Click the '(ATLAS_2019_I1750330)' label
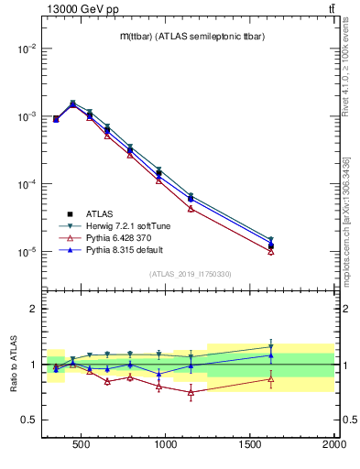[x=189, y=274]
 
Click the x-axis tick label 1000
[x=166, y=446]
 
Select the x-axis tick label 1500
[x=250, y=446]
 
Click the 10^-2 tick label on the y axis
[x=25, y=49]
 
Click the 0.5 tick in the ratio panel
[x=28, y=420]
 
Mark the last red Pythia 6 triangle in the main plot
[x=270, y=251]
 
